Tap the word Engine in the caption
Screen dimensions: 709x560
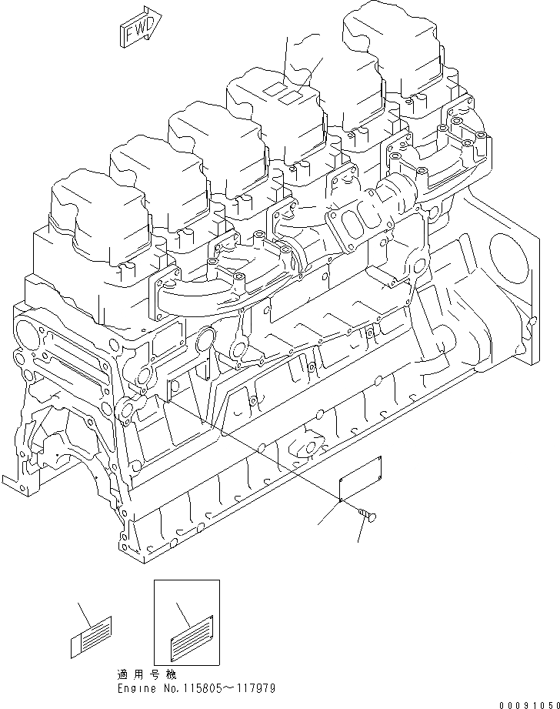point(134,688)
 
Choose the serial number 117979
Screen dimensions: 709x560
point(253,688)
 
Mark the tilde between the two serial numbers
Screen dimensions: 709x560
point(225,688)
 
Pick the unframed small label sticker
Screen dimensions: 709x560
point(92,637)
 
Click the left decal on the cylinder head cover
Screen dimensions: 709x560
point(273,92)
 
